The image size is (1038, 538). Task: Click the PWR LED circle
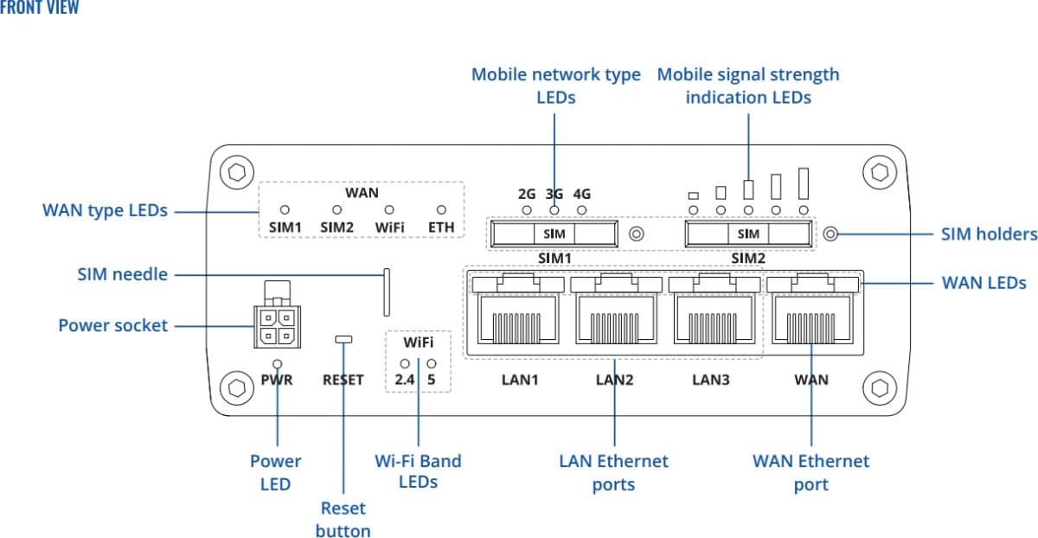pos(277,365)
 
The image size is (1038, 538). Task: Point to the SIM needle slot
pos(386,292)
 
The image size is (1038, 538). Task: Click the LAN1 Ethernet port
pos(516,320)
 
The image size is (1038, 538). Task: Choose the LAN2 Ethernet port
pos(613,320)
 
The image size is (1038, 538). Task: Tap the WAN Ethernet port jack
pos(812,320)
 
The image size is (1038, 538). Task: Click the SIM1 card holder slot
pos(554,234)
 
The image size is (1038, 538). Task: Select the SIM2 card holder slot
pos(748,234)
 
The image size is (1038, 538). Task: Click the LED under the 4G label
pos(582,209)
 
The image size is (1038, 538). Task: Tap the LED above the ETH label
pos(441,210)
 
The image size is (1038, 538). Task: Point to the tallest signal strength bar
pos(804,183)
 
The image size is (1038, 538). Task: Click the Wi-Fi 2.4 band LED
pos(404,364)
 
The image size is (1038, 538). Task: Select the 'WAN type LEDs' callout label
pos(105,210)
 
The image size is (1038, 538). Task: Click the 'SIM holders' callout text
pos(989,234)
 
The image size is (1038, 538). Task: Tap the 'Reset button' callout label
pos(343,519)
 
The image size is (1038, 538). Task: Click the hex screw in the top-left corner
pos(236,170)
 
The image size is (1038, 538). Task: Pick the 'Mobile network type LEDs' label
pos(555,86)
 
